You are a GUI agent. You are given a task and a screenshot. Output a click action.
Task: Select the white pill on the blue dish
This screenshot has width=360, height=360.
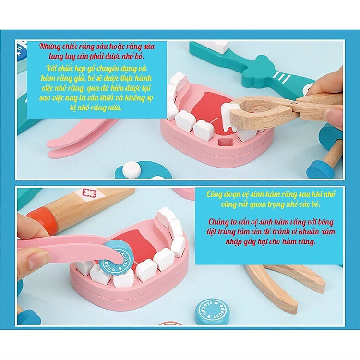coord(132,169)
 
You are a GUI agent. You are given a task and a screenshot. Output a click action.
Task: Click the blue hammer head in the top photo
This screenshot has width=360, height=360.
coord(320,168)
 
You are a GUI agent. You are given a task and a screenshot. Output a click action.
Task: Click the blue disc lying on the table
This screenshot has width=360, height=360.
coord(212,311)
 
